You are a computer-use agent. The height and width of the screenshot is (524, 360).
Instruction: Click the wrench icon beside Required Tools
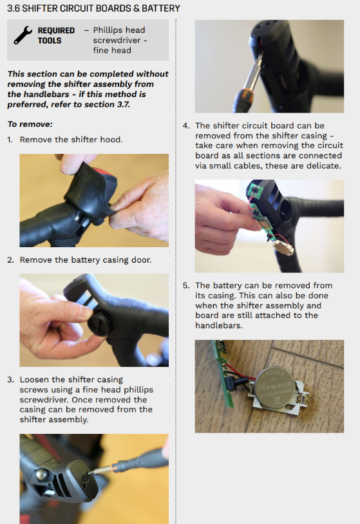23,35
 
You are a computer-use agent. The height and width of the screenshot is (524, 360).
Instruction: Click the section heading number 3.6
13,8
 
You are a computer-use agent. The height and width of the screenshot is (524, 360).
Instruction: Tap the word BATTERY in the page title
161,8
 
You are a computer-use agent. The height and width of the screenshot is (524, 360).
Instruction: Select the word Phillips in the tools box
119,30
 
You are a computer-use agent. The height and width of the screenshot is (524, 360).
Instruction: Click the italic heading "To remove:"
30,124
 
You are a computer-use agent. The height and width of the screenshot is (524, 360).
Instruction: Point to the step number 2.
10,260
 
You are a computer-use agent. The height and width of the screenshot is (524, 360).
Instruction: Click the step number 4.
186,126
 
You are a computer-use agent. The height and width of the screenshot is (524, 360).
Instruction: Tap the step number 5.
186,286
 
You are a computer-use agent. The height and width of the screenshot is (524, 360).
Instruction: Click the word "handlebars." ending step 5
218,326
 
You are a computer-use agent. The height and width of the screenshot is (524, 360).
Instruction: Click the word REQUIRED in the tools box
56,30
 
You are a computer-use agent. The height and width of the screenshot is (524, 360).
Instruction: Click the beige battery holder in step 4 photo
284,248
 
